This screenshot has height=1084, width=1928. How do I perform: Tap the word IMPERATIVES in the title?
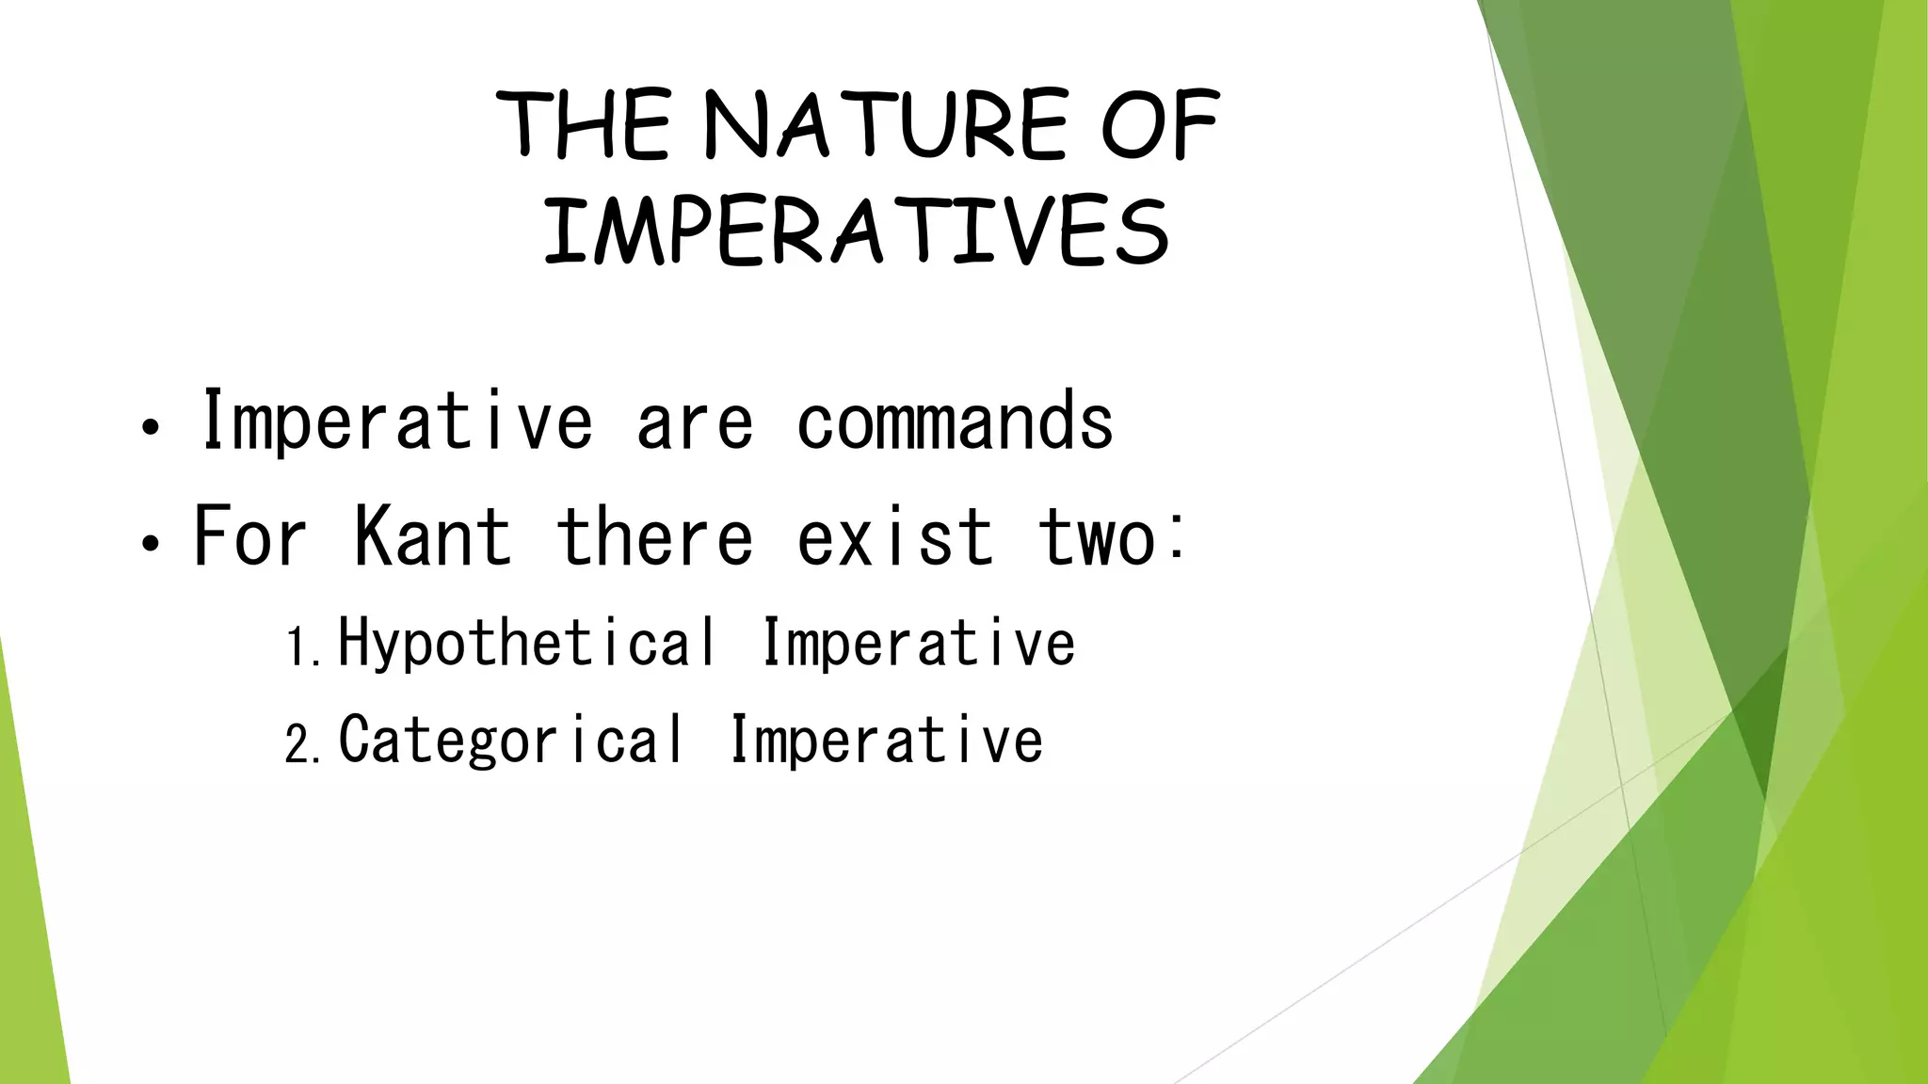[856, 231]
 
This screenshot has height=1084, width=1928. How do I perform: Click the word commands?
[955, 422]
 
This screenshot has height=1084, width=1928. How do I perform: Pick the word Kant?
[432, 536]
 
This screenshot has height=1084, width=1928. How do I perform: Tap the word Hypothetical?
[527, 644]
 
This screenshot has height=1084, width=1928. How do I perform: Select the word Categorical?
[511, 741]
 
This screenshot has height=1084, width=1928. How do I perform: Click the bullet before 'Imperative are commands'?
[150, 428]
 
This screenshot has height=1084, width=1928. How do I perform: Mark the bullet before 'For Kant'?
[150, 543]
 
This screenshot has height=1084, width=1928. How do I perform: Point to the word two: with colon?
[1111, 536]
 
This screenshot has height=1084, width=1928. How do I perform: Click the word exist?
[894, 536]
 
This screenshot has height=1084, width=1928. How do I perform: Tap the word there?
[654, 536]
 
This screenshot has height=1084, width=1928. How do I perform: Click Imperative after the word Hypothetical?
[917, 644]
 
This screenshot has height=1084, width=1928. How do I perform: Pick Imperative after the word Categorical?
[886, 741]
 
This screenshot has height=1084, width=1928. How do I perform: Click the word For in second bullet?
[249, 536]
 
